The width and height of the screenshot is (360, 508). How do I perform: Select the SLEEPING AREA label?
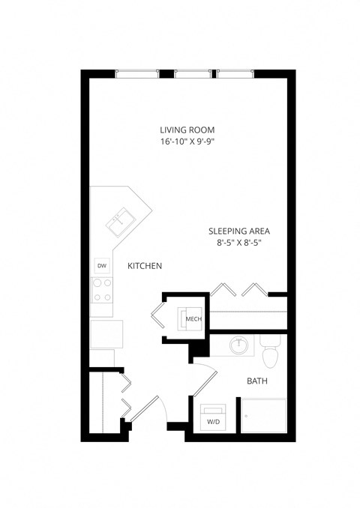[x=238, y=231]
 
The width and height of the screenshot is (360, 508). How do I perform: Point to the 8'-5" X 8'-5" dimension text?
[x=238, y=243]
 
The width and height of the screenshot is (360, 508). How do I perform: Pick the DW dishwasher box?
[x=101, y=265]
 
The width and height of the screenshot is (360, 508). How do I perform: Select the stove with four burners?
[x=101, y=288]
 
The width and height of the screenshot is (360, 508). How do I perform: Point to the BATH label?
[x=256, y=381]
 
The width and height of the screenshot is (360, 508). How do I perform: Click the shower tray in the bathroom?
[x=264, y=415]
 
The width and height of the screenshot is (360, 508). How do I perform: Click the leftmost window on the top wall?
[x=138, y=73]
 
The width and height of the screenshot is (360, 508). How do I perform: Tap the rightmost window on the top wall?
[x=235, y=73]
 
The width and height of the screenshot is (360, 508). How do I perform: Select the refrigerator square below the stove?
[x=106, y=333]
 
